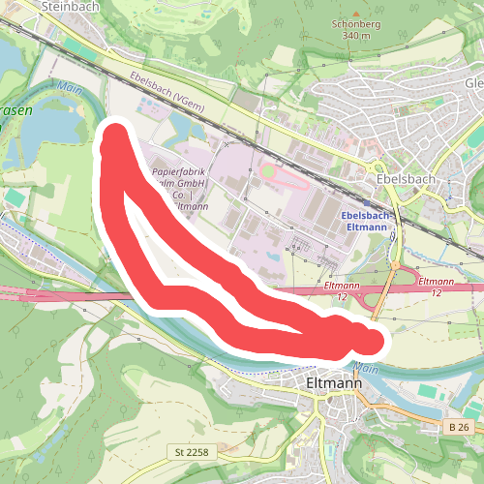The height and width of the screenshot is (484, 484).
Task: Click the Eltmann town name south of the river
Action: pyautogui.click(x=333, y=383)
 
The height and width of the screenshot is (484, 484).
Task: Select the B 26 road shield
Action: pyautogui.click(x=459, y=426)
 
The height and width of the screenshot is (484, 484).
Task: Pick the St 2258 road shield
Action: pyautogui.click(x=193, y=452)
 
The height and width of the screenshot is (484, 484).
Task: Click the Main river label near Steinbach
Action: pyautogui.click(x=68, y=86)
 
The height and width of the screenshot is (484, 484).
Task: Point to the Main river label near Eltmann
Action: pyautogui.click(x=365, y=368)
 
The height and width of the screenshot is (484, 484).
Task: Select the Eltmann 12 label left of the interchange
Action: pyautogui.click(x=338, y=290)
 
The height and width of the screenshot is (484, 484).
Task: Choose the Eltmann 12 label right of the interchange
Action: pyautogui.click(x=435, y=285)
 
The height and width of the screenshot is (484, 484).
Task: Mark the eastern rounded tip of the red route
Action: pyautogui.click(x=376, y=340)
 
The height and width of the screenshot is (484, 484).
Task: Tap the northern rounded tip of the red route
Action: pyautogui.click(x=116, y=136)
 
